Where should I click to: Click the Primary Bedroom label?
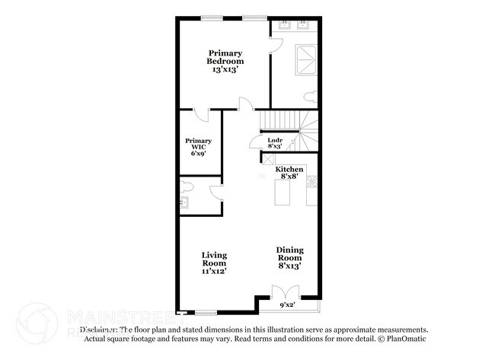pos(225,56)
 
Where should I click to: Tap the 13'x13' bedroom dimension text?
pos(225,69)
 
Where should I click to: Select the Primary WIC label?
pos(199,145)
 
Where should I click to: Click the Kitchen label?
pos(289,169)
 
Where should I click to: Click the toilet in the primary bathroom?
pos(308,97)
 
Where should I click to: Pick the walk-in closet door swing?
pos(200,115)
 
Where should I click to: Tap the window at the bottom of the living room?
pos(206,313)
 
